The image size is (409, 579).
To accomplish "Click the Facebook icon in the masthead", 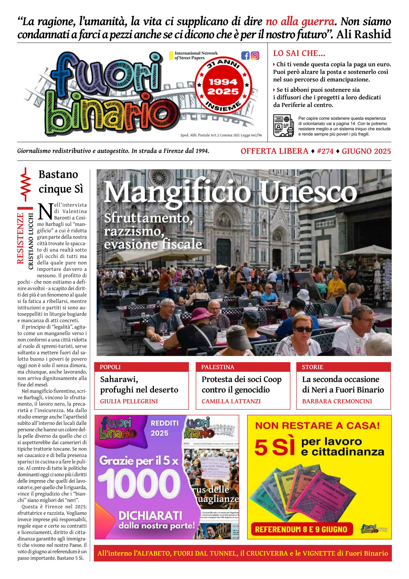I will pos(245,55).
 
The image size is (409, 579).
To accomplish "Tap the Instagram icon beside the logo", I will pos(255,55).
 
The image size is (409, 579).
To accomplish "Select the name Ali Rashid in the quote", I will pos(364,34).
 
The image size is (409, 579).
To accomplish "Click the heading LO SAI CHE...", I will pos(299,53).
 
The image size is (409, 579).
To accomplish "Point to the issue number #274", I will pos(325,151).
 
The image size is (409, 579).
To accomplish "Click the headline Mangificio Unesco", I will pos(230,192).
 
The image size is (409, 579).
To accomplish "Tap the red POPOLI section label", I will pos(110,367).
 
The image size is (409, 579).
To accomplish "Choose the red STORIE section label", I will pos(312,367).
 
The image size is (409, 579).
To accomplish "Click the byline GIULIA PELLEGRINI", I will pos(129,401).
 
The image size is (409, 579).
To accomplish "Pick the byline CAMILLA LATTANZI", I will pos(231,401).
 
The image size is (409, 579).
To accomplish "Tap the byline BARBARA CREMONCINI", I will pos(337,401).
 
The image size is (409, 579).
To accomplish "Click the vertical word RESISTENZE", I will pos(20,238).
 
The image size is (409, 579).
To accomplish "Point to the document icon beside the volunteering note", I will pos(284,126).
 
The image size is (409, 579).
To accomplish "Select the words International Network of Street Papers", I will pos(196,55).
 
